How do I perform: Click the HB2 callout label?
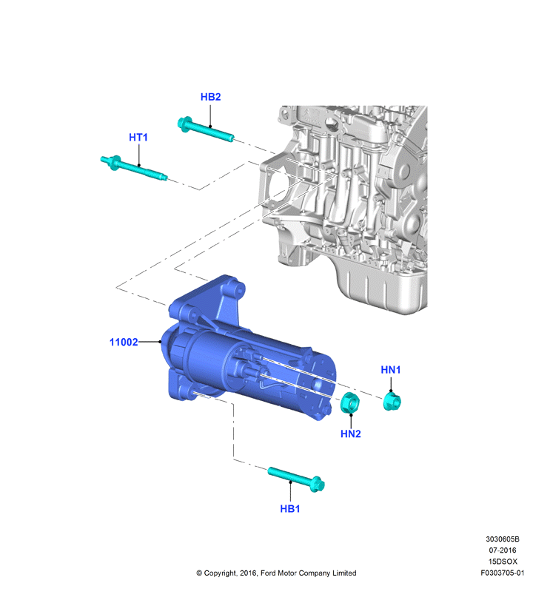point(210,97)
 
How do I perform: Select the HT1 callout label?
point(138,138)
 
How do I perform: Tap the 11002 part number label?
point(124,342)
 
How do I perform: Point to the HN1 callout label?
point(390,370)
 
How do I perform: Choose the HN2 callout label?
point(351,434)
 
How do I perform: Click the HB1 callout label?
point(289,509)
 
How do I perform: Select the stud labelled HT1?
point(134,168)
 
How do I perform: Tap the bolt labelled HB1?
point(296,479)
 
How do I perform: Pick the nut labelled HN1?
point(392,402)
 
